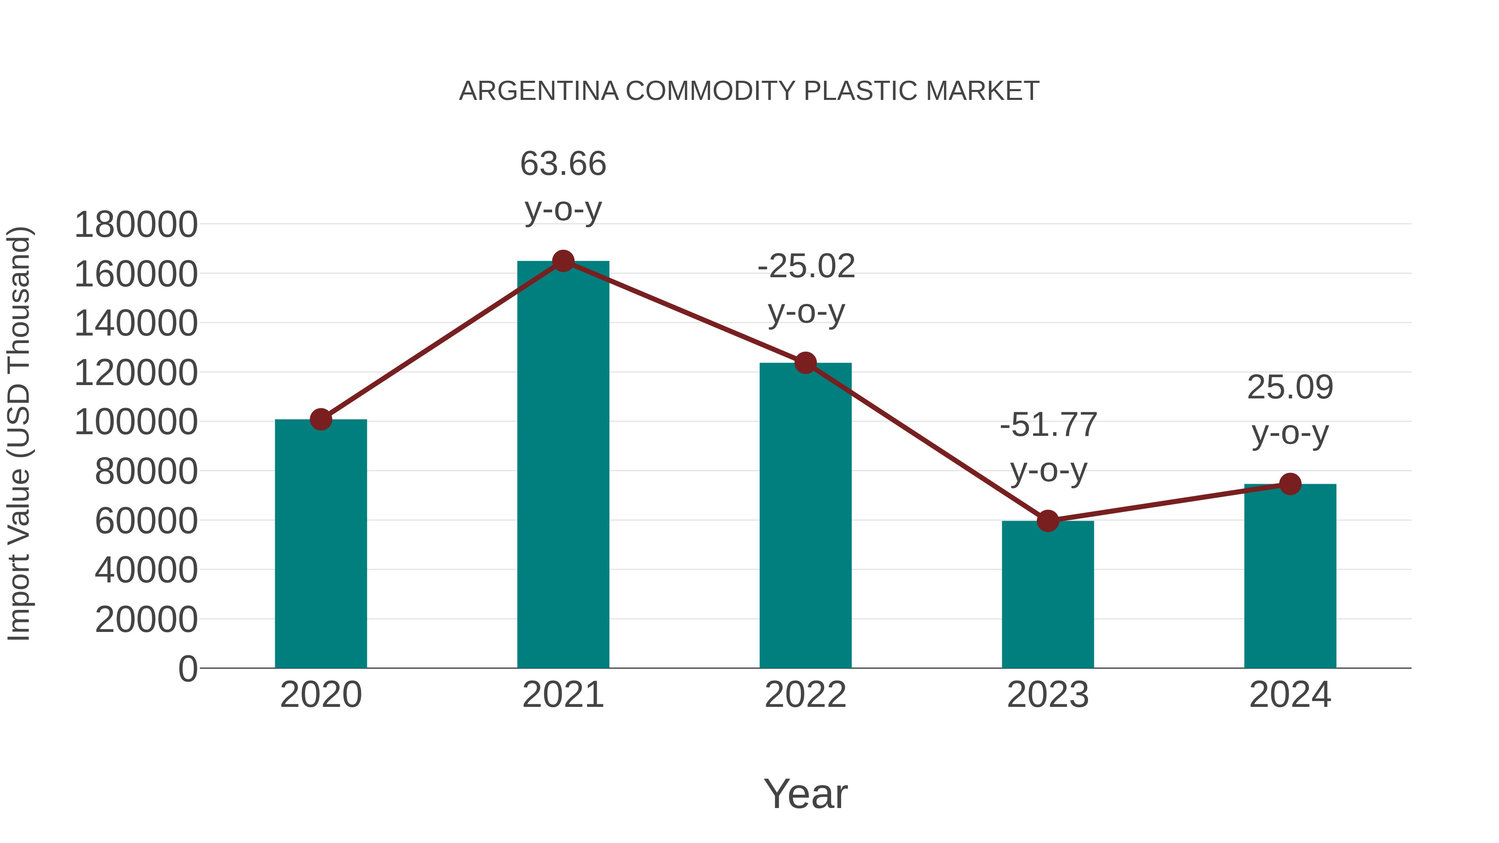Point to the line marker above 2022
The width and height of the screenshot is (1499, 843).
[805, 363]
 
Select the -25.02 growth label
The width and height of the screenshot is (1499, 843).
[806, 266]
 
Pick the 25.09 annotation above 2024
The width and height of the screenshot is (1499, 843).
[1290, 388]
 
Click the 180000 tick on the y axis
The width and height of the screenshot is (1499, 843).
[136, 224]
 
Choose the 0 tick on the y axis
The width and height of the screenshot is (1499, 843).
[187, 669]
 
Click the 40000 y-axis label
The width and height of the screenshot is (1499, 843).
[146, 570]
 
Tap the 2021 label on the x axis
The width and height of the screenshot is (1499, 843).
[563, 695]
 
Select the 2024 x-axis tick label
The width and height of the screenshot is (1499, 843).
[1290, 695]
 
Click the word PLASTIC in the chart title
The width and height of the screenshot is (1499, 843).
[861, 91]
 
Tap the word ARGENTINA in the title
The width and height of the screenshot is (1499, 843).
[538, 91]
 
